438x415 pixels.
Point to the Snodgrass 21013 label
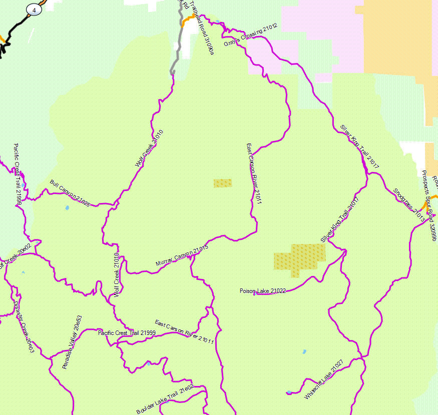(408, 205)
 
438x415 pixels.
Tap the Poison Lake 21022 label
(263, 291)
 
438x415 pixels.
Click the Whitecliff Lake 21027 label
(324, 379)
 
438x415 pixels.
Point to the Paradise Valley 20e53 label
(72, 342)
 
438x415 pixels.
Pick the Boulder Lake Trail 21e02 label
(165, 399)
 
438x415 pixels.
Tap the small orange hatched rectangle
(222, 183)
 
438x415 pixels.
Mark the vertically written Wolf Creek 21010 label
(117, 275)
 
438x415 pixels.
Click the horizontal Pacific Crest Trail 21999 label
(127, 332)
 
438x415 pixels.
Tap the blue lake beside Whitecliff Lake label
(289, 392)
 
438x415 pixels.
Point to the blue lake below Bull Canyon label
(67, 207)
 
